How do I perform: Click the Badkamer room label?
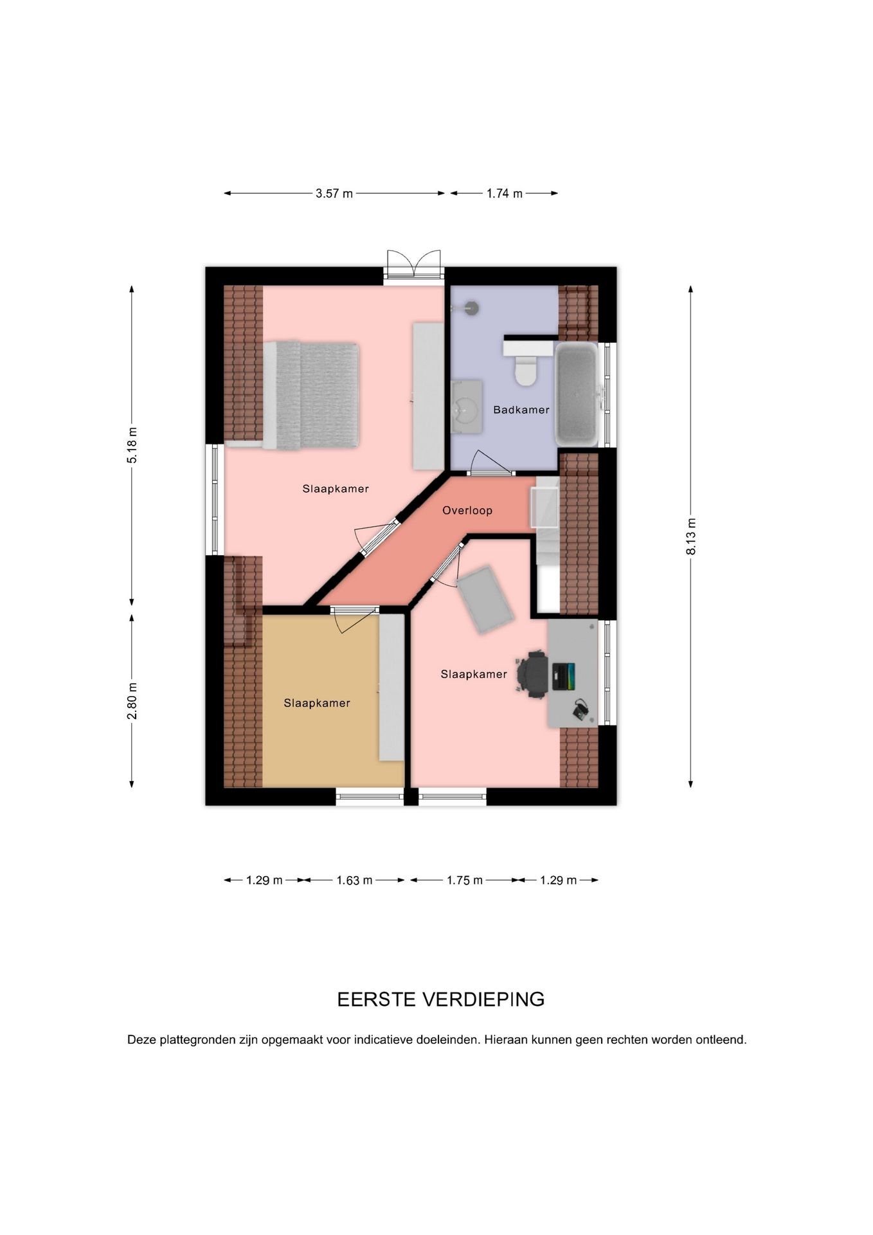click(x=521, y=410)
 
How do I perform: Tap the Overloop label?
click(x=467, y=511)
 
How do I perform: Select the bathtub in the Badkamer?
click(x=577, y=394)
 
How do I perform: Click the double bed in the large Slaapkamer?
click(x=310, y=396)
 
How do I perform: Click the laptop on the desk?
click(x=562, y=676)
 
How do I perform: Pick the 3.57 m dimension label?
click(x=334, y=194)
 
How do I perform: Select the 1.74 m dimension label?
click(x=504, y=194)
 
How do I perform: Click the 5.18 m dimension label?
click(x=132, y=445)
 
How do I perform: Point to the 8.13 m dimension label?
click(x=691, y=536)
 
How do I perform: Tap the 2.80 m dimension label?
click(x=132, y=700)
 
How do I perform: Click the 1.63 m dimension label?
click(x=354, y=881)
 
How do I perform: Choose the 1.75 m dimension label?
click(x=464, y=881)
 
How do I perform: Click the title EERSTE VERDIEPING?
click(x=441, y=999)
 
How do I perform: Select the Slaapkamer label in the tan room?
click(x=317, y=703)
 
